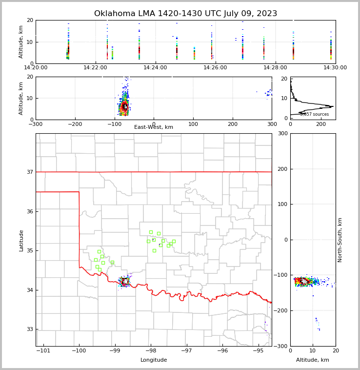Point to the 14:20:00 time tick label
[x=35, y=68]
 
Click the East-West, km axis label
[x=154, y=127]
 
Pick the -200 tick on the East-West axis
[x=75, y=123]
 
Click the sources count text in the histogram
[x=314, y=114]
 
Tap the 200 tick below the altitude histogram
[x=321, y=124]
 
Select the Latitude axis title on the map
[x=21, y=240]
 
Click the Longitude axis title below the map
[x=154, y=360]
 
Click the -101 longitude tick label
[x=43, y=351]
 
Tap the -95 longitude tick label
[x=258, y=351]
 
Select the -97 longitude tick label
[x=186, y=351]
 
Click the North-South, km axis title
[x=340, y=240]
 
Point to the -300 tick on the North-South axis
[x=282, y=346]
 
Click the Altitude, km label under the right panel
[x=313, y=360]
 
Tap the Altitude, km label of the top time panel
[x=21, y=41]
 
